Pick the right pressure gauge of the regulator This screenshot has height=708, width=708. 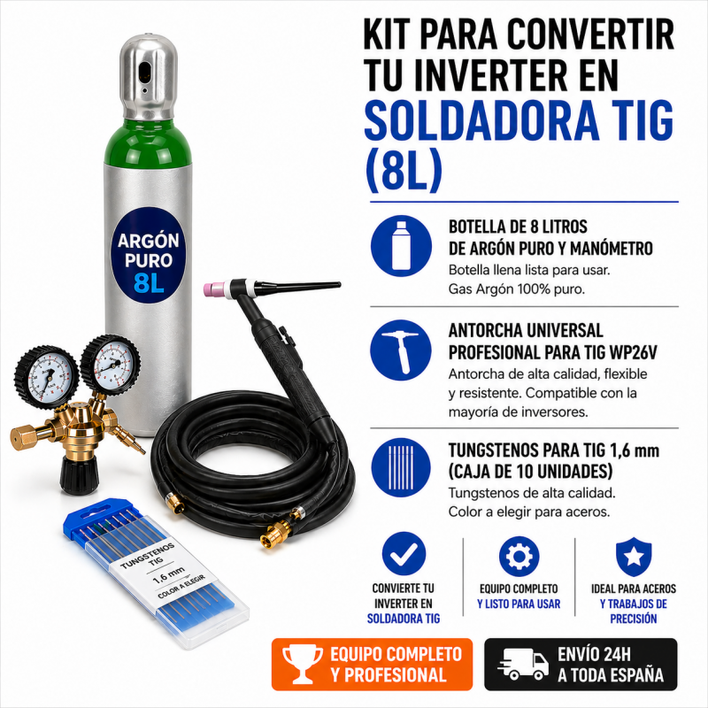(x=111, y=363)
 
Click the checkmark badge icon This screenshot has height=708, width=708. (x=404, y=554)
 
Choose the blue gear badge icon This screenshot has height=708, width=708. (x=519, y=555)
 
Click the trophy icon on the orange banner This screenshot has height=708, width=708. (x=299, y=664)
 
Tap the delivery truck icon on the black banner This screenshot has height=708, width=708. (x=522, y=664)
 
